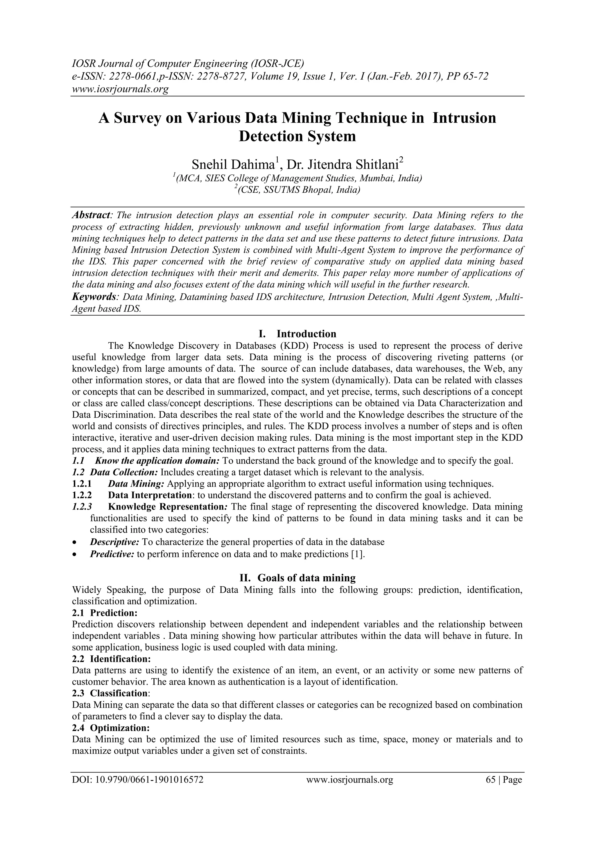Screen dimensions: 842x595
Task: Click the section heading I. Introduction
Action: tap(297, 334)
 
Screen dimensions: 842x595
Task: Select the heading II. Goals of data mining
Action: tap(297, 578)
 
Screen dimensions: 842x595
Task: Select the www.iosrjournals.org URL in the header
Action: tap(120, 89)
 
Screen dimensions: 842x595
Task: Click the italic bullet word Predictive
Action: tap(112, 554)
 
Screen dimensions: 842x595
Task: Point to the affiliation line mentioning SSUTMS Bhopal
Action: tap(297, 190)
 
